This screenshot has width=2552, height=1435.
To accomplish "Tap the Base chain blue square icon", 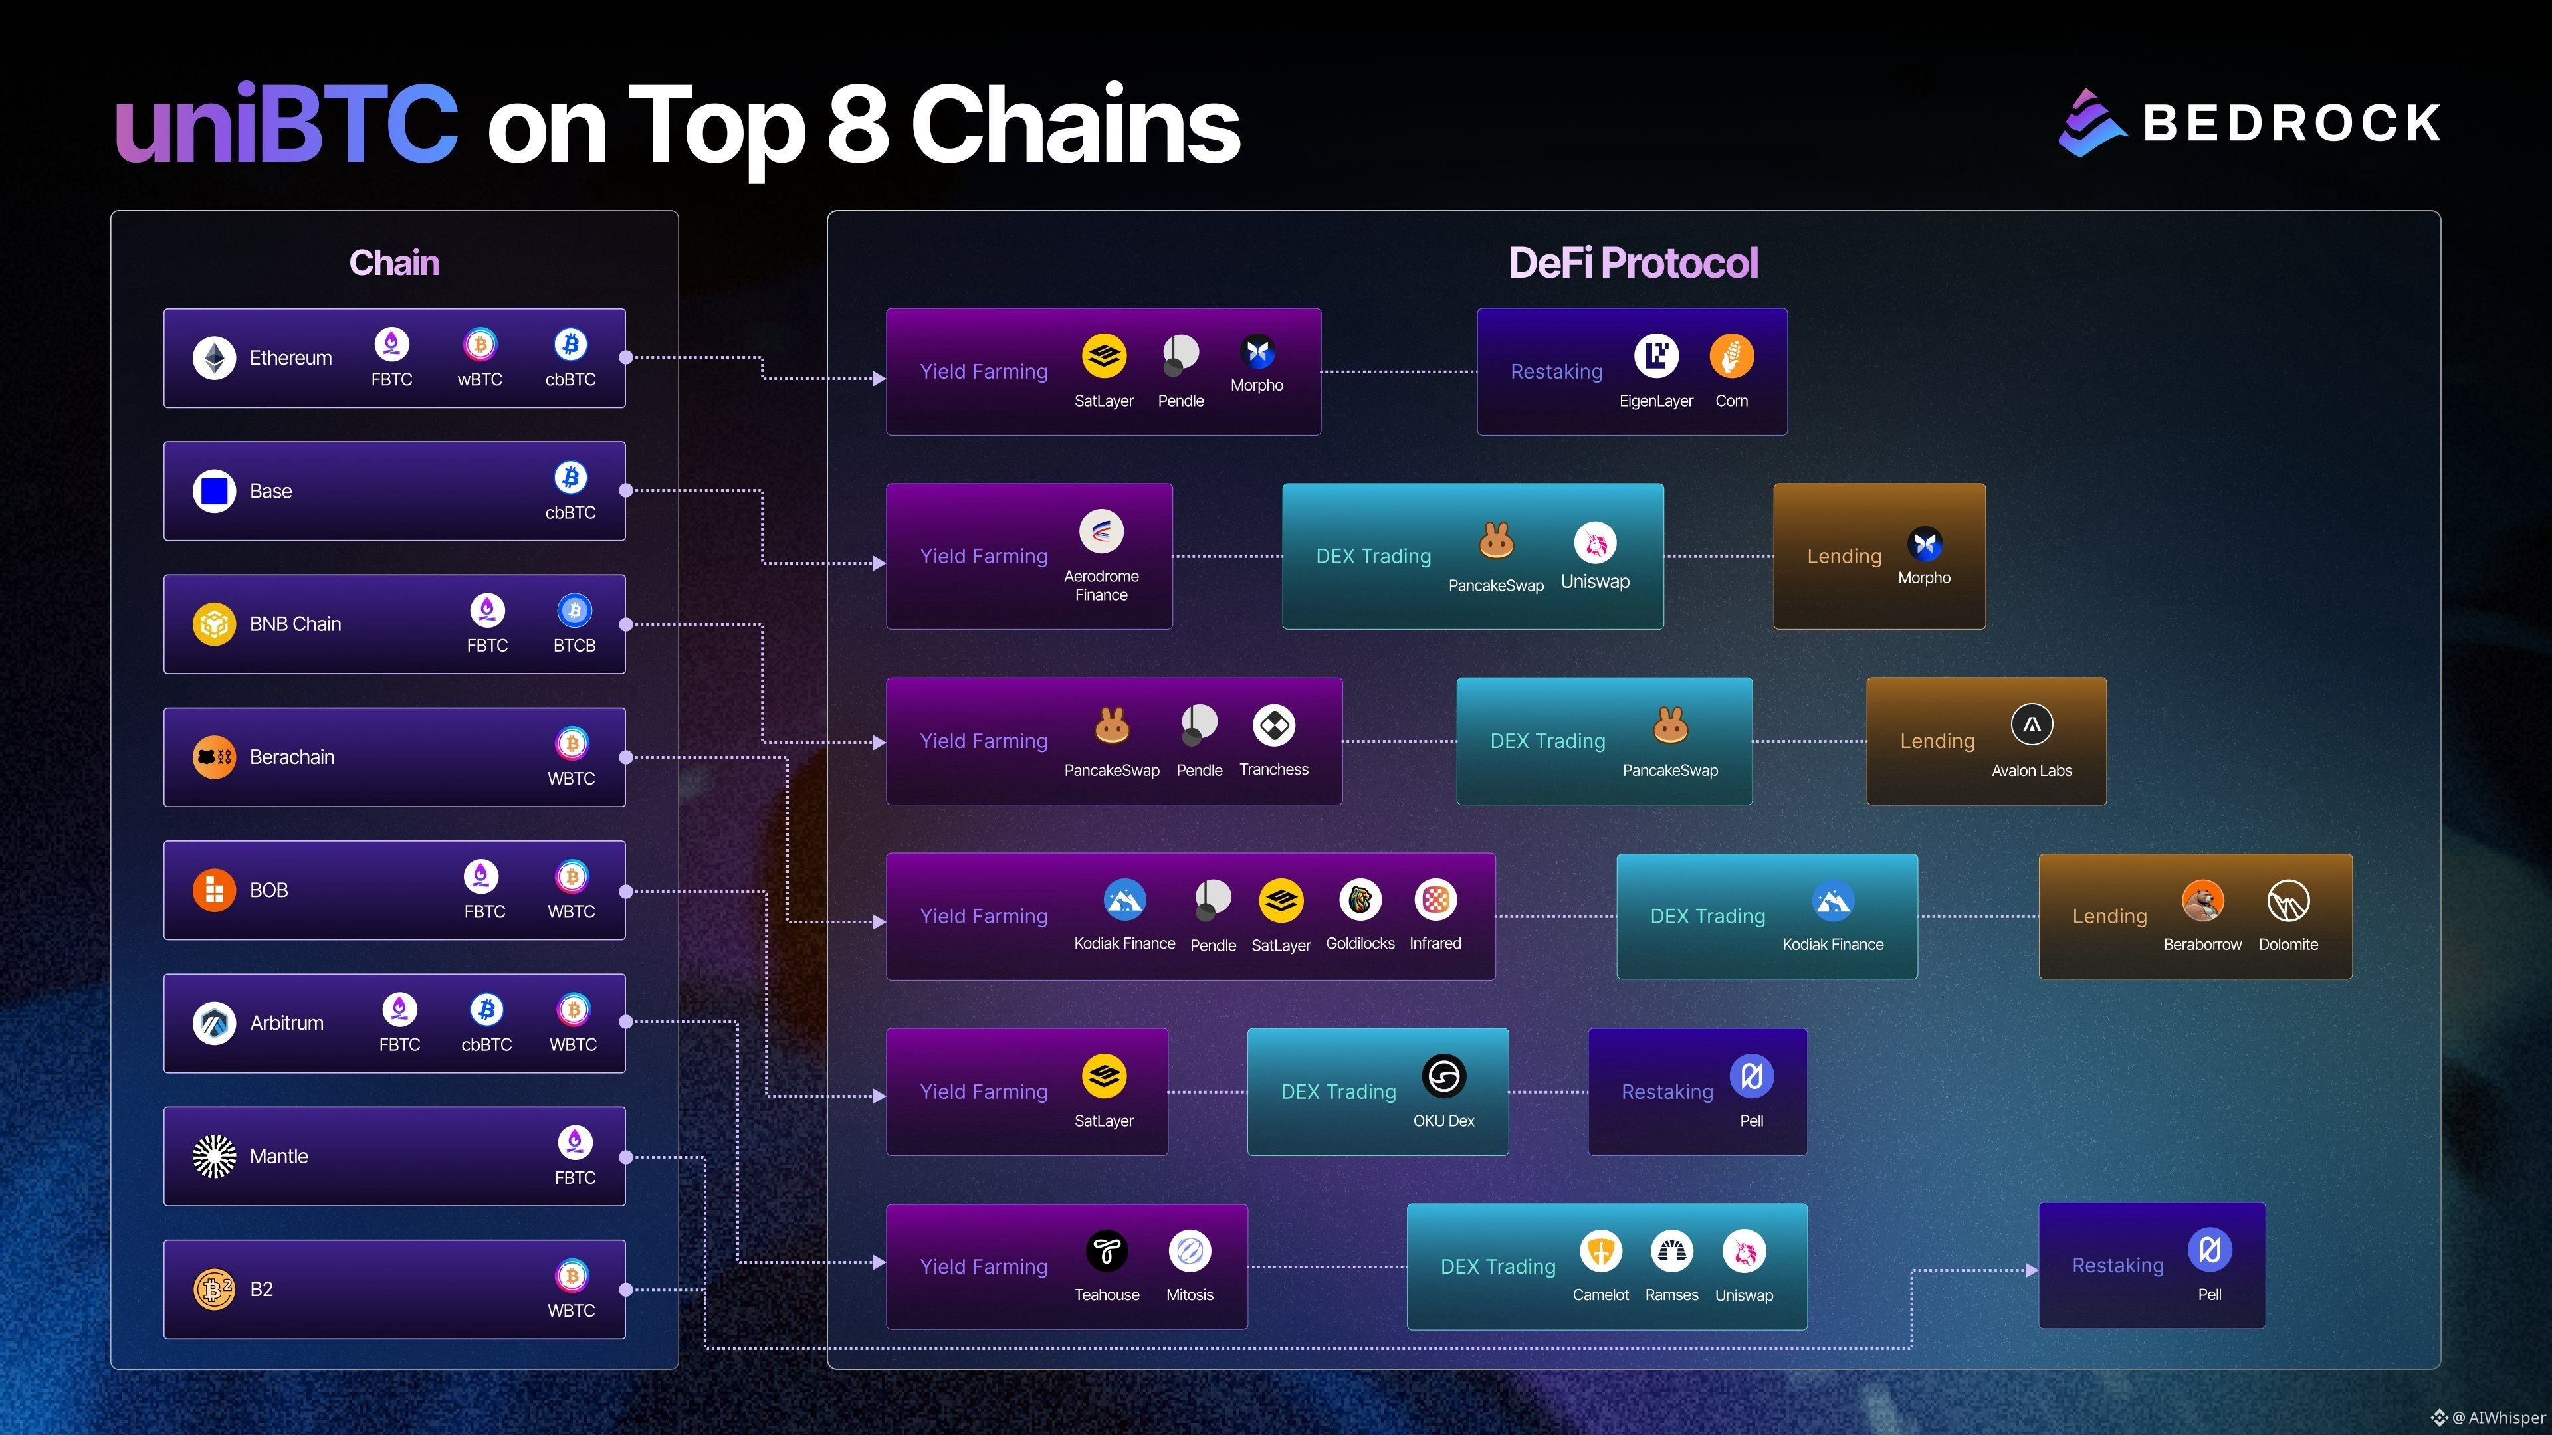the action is pyautogui.click(x=214, y=490).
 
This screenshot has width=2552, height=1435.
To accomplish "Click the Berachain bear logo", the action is pyautogui.click(x=214, y=757).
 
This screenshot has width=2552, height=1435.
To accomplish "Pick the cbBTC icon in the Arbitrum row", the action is pyautogui.click(x=486, y=1009).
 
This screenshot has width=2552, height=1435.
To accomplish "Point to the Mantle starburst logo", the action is pyautogui.click(x=214, y=1156).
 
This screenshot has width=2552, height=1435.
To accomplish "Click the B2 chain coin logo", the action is pyautogui.click(x=214, y=1288).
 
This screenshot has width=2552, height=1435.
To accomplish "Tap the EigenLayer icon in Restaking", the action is pyautogui.click(x=1656, y=355).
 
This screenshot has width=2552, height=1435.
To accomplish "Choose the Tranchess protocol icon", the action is pyautogui.click(x=1274, y=725).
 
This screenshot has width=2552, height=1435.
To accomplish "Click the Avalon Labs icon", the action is pyautogui.click(x=2032, y=725).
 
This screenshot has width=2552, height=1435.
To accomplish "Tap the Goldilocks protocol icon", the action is pyautogui.click(x=1360, y=900).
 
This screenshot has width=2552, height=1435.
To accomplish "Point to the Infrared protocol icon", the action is pyautogui.click(x=1435, y=900).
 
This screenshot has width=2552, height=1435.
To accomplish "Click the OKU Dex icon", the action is pyautogui.click(x=1444, y=1076).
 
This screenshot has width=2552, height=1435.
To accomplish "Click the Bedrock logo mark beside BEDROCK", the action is pyautogui.click(x=2091, y=123).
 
